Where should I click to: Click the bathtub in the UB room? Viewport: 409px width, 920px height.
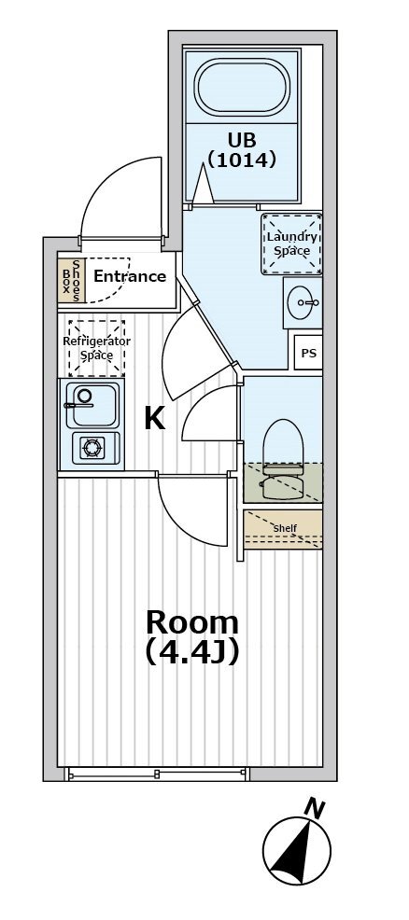242,88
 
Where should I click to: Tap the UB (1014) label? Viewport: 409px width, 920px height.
242,149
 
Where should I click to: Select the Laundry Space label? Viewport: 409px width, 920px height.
292,244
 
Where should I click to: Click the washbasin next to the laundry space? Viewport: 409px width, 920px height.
303,302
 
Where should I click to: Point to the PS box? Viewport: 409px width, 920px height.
309,354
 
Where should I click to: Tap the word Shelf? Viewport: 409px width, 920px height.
285,528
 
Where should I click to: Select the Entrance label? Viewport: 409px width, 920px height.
130,276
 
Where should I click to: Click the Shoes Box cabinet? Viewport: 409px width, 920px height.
72,281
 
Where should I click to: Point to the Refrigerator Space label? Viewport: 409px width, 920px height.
97,348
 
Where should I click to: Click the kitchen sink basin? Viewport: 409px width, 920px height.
92,404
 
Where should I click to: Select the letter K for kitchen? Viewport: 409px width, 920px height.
154,419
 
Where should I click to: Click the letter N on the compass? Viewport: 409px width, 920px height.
315,810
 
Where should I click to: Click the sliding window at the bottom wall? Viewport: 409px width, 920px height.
156,774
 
